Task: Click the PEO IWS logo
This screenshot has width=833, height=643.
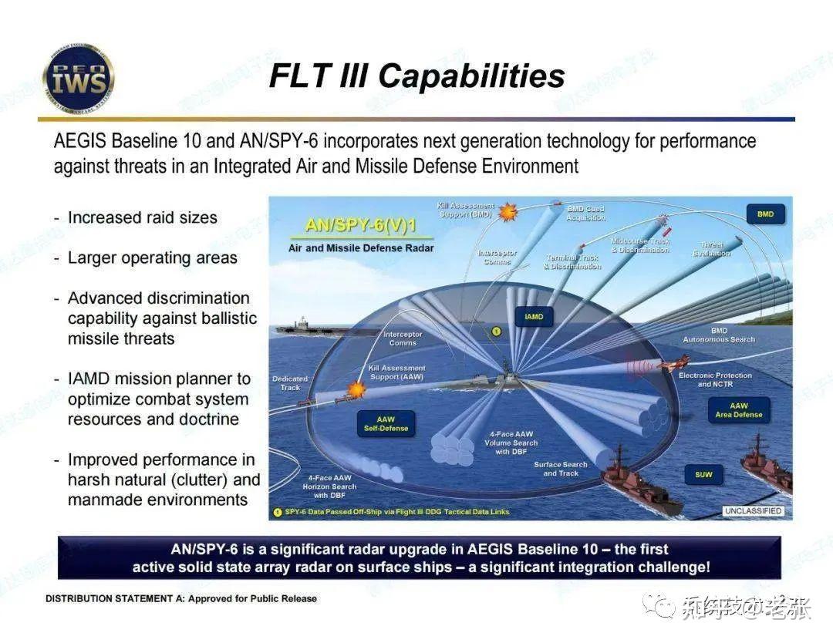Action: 78,78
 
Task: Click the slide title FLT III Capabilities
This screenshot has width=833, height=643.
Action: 416,76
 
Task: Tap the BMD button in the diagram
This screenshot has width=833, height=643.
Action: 764,214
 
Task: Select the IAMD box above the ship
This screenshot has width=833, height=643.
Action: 534,317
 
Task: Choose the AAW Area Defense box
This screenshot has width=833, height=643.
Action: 738,409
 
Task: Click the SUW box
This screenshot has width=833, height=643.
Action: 703,474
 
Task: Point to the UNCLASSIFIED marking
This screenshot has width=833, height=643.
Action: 754,511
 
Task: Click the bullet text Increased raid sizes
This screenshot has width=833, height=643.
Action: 142,217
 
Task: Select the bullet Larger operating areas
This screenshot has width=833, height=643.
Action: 152,258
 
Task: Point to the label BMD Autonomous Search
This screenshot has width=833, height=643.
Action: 718,335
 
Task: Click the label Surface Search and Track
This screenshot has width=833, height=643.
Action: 560,469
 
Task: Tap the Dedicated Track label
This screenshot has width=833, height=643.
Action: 290,382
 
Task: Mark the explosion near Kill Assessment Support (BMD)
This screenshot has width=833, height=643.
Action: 507,211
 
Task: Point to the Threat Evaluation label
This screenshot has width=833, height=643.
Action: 711,249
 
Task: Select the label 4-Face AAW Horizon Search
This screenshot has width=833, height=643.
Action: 329,486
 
